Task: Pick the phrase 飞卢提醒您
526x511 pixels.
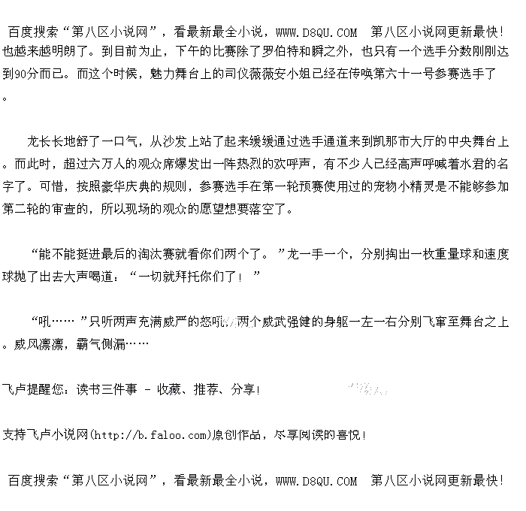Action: point(30,389)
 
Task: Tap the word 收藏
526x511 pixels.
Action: point(169,389)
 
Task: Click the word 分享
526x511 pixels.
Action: point(243,389)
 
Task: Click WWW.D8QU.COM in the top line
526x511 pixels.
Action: point(316,32)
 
